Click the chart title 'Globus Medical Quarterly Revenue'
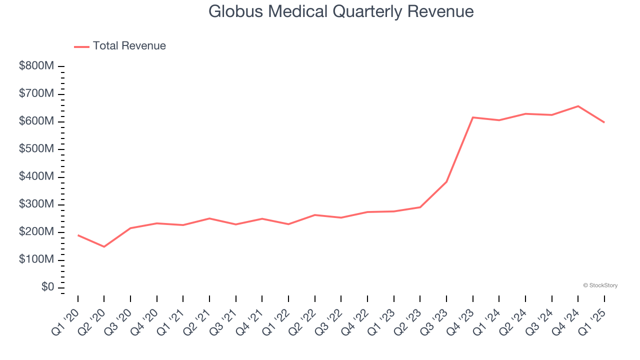340,11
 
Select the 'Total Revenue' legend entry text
129,46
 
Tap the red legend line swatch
81,46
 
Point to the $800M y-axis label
36,66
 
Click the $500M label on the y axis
36,149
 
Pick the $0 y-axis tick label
48,287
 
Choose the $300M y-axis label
36,204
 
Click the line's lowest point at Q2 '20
104,246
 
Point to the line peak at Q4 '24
578,106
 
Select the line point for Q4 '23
472,117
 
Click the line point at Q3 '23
446,182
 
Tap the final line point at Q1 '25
604,122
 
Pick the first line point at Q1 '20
78,235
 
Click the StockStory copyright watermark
600,285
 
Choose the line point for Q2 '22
314,215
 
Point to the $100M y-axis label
36,260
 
